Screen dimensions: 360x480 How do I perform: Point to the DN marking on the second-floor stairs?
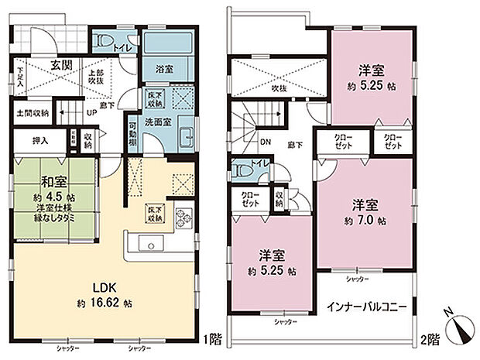pyautogui.click(x=264, y=142)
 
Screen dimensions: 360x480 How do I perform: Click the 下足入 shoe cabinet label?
pyautogui.click(x=20, y=79)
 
